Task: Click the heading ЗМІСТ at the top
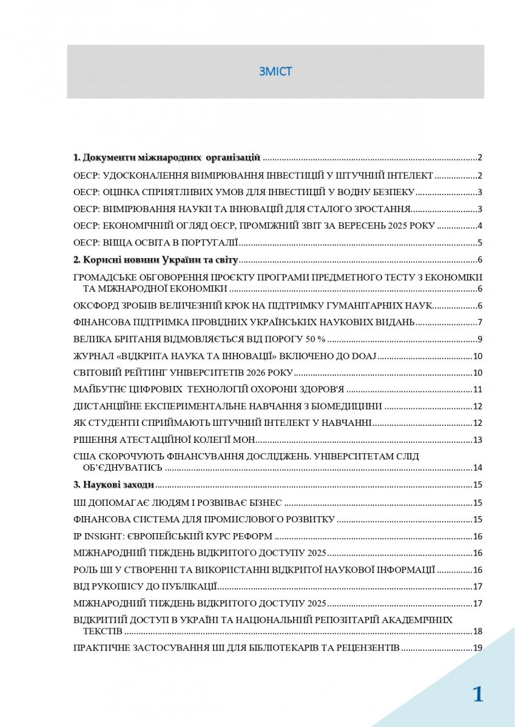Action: [275, 71]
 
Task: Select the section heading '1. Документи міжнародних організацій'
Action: [167, 158]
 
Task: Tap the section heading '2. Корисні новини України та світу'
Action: [156, 261]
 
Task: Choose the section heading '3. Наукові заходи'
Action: [113, 485]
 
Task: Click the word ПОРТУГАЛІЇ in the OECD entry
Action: [209, 244]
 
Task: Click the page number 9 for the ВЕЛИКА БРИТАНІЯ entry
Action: [479, 339]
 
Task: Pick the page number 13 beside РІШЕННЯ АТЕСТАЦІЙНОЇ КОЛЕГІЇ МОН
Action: [477, 440]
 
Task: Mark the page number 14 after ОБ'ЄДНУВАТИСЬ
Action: [477, 468]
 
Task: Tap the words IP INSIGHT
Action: [98, 536]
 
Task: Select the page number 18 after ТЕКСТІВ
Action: [477, 631]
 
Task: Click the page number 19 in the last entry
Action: [477, 648]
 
